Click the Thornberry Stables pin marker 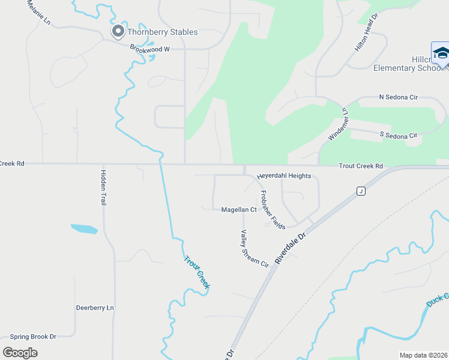click(x=118, y=31)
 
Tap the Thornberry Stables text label click(x=162, y=32)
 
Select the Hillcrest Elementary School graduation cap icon click(x=441, y=53)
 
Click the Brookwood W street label click(x=150, y=50)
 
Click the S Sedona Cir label click(x=399, y=136)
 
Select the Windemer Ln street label click(x=337, y=125)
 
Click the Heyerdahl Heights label click(x=284, y=176)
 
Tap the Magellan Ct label click(x=239, y=209)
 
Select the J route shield click(x=361, y=191)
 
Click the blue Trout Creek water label click(x=196, y=272)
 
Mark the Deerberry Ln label click(x=95, y=308)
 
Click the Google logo click(x=20, y=352)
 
